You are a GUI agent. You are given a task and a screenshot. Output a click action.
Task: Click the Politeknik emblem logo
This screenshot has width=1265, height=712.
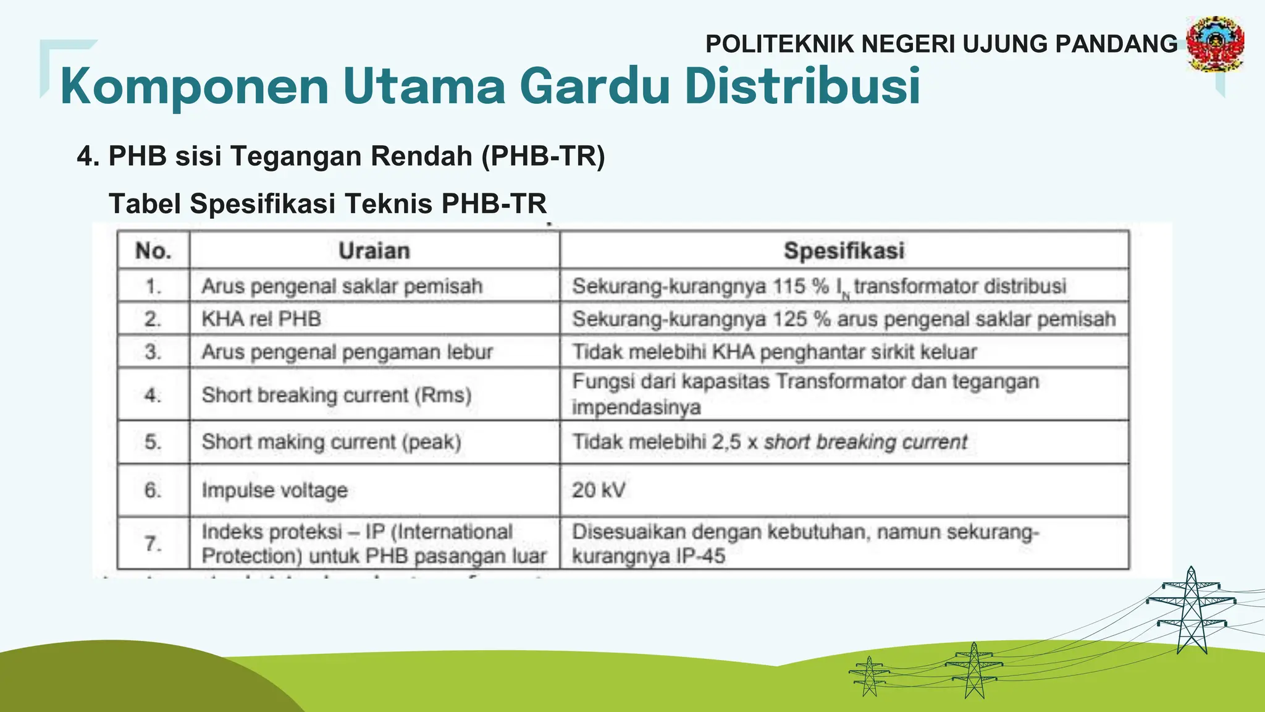1215,43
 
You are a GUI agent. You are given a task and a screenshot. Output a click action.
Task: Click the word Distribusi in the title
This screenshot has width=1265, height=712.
802,86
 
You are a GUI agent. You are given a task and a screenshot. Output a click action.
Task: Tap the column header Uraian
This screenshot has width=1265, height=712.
374,251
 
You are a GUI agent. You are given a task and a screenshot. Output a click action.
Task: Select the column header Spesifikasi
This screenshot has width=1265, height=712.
844,251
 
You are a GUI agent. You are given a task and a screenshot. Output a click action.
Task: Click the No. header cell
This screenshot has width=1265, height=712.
153,251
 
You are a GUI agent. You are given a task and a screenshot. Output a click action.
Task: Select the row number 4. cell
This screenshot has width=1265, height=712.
153,395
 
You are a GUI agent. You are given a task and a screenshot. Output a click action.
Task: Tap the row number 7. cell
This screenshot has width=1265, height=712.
153,544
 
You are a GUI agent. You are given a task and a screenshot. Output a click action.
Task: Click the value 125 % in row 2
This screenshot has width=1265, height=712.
803,319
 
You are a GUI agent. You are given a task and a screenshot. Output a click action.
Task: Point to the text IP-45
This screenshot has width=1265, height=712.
700,556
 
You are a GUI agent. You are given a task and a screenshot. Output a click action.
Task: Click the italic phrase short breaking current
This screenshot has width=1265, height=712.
865,443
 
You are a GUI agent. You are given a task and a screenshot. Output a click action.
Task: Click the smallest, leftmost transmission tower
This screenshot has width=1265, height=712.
869,676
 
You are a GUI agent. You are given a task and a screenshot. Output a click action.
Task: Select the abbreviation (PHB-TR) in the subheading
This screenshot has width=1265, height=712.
543,156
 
